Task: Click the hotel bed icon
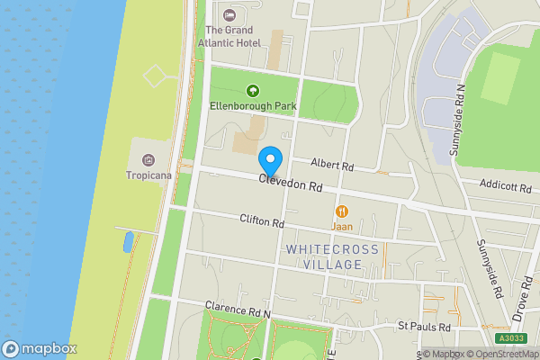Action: click(229, 14)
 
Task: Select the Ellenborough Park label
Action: click(253, 106)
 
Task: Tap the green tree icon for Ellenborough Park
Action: click(253, 90)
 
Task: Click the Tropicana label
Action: click(148, 175)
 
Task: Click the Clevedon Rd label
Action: click(290, 184)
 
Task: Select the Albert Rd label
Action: click(332, 166)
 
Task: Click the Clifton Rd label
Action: click(262, 221)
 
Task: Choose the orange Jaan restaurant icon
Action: click(342, 211)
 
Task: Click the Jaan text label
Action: click(342, 227)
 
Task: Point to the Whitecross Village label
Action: click(324, 256)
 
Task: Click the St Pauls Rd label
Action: click(423, 325)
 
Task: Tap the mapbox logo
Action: click(39, 349)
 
